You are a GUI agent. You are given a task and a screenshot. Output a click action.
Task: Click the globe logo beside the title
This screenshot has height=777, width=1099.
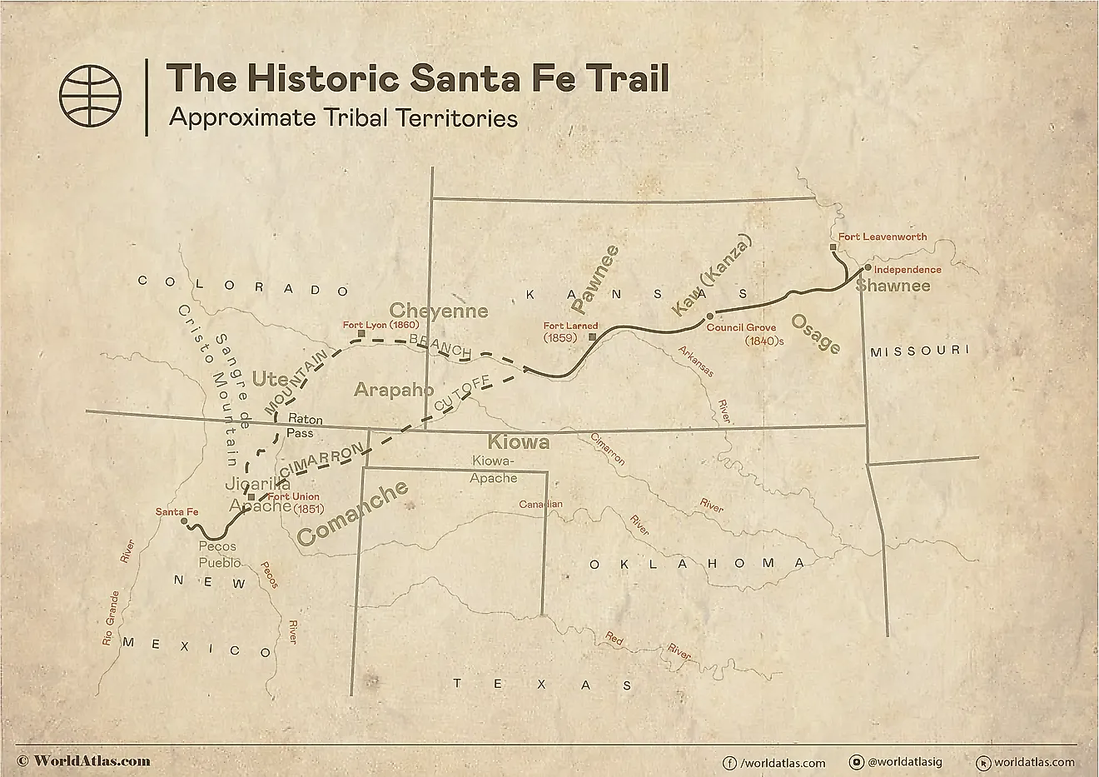[90, 96]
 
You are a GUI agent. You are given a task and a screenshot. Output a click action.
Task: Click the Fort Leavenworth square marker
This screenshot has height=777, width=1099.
[833, 247]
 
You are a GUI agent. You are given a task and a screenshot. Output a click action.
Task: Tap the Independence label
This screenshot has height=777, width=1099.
[908, 270]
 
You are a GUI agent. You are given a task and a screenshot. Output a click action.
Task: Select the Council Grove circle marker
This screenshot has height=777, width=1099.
[709, 316]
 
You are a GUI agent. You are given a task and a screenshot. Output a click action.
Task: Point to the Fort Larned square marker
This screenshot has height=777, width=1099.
[591, 337]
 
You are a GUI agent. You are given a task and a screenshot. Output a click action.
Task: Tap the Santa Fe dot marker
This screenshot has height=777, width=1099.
[184, 520]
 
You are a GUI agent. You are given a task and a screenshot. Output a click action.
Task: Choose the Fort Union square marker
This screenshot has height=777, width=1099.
[251, 497]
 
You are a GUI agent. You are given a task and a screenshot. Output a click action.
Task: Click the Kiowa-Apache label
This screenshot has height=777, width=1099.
[495, 470]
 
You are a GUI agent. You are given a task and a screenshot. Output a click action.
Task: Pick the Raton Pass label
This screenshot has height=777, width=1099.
[305, 426]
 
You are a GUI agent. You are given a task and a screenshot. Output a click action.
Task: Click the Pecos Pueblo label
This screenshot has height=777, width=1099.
[220, 555]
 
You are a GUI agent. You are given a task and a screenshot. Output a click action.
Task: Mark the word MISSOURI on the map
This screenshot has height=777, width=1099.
[918, 351]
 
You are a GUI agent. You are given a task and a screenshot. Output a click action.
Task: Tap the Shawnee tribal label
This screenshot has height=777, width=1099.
[893, 286]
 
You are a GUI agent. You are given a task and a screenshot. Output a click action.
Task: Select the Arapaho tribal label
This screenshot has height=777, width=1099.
[394, 390]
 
